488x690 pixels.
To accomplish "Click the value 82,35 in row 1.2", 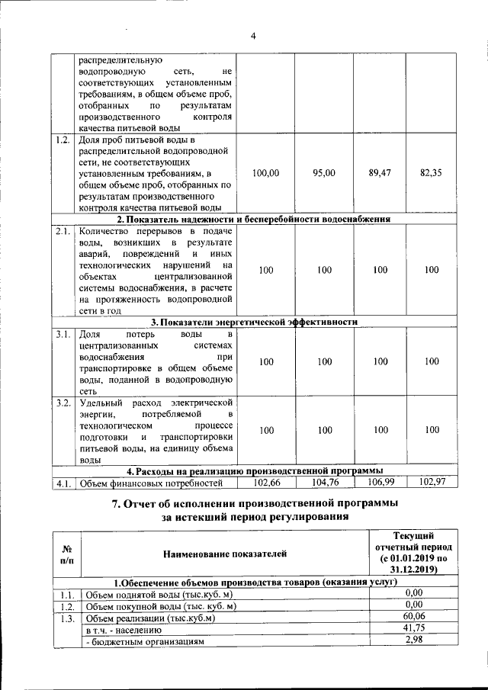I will (x=432, y=173).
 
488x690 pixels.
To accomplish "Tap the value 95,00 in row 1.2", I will (x=324, y=173).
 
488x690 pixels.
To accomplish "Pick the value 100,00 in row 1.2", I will (x=265, y=173).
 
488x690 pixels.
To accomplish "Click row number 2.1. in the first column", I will (x=63, y=231).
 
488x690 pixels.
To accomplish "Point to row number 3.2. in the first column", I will (x=63, y=402).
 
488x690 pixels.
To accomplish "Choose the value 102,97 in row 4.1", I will (x=432, y=482).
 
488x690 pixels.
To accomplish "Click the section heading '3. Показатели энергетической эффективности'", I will (x=254, y=322).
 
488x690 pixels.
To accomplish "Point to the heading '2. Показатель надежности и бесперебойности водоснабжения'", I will (x=254, y=219).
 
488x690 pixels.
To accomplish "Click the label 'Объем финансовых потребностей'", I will (x=151, y=483).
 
